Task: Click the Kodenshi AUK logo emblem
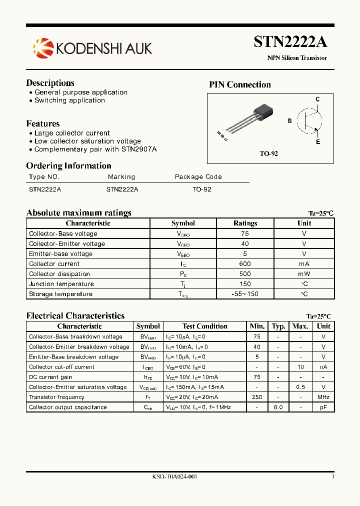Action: tap(42, 48)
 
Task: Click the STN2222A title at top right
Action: tap(290, 41)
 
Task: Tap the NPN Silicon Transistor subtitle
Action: tap(296, 58)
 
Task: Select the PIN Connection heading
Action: tap(239, 84)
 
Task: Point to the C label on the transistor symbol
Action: tap(317, 99)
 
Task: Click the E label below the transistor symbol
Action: tap(317, 142)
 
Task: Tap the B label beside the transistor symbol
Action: tap(289, 121)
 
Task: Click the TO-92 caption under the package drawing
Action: tap(268, 153)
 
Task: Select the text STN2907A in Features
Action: tap(139, 149)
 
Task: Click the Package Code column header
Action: tap(198, 176)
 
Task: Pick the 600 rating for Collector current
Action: tap(245, 264)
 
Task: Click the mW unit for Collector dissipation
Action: tap(304, 274)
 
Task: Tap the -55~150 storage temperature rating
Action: tap(245, 294)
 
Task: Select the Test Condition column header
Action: tap(204, 326)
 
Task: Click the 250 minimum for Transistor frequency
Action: tap(257, 397)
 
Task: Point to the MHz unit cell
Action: tap(323, 397)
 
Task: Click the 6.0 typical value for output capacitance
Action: tap(278, 407)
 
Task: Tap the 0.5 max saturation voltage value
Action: tap(300, 387)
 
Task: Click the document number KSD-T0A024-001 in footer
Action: tap(174, 477)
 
